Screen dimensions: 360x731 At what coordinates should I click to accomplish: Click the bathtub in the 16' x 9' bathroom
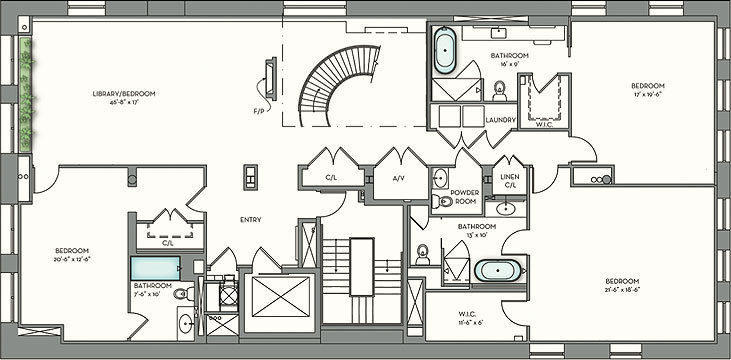444,49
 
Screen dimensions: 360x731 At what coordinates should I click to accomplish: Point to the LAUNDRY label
500,120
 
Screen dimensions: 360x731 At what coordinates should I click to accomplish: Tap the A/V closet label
397,178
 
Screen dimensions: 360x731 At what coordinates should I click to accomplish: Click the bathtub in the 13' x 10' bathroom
495,270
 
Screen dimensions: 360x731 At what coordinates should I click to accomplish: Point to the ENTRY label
251,220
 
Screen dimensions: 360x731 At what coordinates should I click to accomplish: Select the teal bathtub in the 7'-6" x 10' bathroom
156,267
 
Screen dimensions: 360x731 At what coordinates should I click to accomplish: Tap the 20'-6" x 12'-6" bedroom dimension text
73,257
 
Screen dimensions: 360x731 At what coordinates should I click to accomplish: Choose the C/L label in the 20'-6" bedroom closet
166,241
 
